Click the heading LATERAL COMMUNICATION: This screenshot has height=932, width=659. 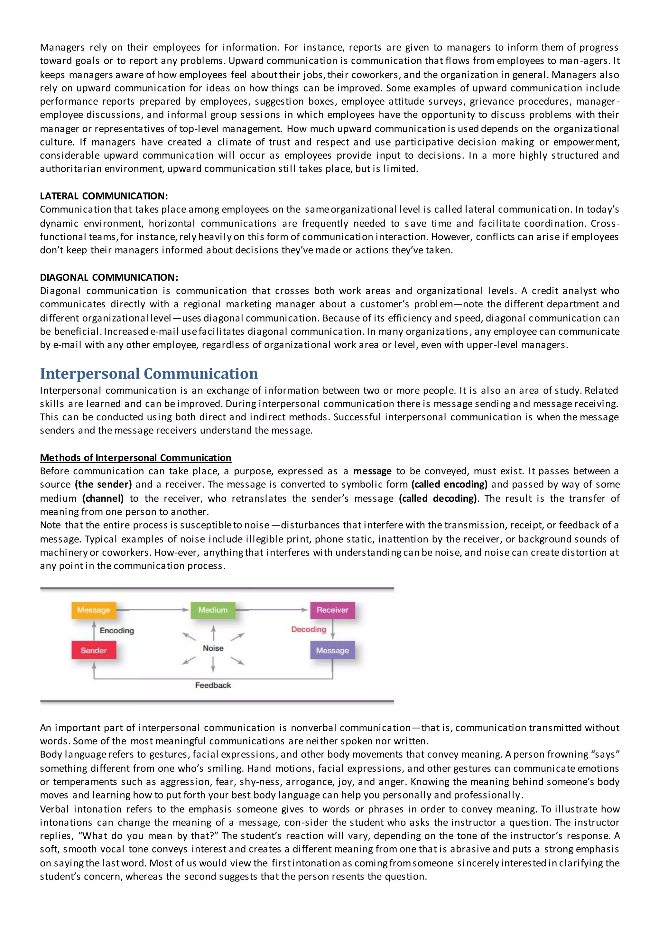coord(104,196)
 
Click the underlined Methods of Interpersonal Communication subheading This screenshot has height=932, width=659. coord(135,458)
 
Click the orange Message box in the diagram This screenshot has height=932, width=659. coord(94,610)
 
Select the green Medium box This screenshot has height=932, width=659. coord(213,610)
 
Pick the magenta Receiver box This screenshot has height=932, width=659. coord(332,610)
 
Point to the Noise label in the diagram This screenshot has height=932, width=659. coord(213,648)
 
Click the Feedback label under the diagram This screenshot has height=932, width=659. coord(213,685)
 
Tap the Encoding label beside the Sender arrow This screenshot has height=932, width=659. coord(117,630)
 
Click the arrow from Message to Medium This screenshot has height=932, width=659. coord(153,610)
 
